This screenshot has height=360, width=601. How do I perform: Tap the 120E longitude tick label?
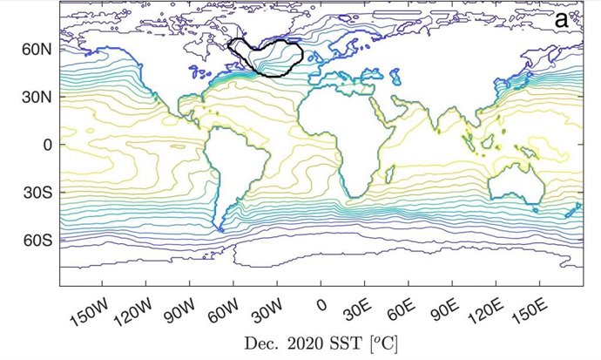(x=486, y=310)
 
